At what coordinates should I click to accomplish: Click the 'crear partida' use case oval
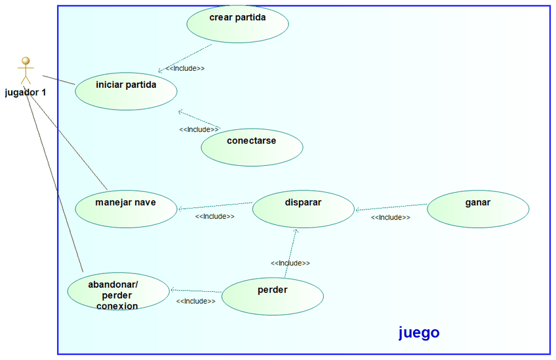pyautogui.click(x=237, y=24)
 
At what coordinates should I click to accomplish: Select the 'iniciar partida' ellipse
pyautogui.click(x=126, y=91)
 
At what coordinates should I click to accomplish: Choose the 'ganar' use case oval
pyautogui.click(x=478, y=209)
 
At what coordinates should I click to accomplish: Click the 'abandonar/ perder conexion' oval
pyautogui.click(x=118, y=292)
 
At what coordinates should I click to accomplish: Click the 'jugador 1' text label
pyautogui.click(x=26, y=92)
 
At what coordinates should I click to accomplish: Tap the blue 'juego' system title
pyautogui.click(x=419, y=332)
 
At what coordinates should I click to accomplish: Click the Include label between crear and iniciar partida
pyautogui.click(x=185, y=68)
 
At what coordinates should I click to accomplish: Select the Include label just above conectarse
pyautogui.click(x=199, y=129)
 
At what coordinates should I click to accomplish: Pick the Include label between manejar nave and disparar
pyautogui.click(x=214, y=216)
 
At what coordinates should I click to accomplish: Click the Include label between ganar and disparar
pyautogui.click(x=390, y=217)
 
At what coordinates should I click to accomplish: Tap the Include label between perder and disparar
pyautogui.click(x=290, y=263)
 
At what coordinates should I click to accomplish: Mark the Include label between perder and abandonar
pyautogui.click(x=195, y=301)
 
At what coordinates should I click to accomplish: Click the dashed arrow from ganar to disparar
pyautogui.click(x=391, y=207)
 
